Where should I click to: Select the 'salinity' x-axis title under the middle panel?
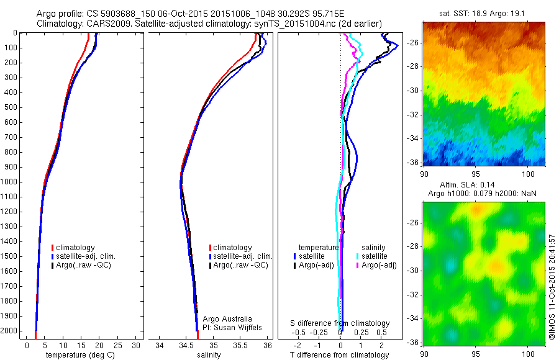(208, 355)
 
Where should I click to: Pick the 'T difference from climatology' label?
(340, 355)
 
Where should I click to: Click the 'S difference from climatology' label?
(340, 323)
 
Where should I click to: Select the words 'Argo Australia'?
(228, 318)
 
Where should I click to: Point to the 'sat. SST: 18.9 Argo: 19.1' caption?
(484, 13)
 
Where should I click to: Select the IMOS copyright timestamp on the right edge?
(552, 287)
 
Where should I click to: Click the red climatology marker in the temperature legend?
(53, 248)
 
